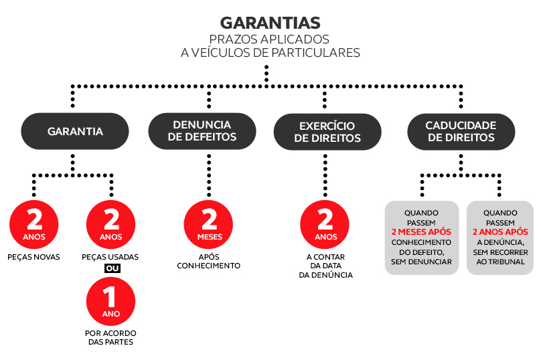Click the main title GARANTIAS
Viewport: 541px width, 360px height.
pyautogui.click(x=270, y=23)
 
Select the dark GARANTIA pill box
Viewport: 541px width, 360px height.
pyautogui.click(x=75, y=131)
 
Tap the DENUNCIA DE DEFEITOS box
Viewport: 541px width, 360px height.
pyautogui.click(x=202, y=131)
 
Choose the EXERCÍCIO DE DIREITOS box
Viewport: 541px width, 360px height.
pyautogui.click(x=327, y=132)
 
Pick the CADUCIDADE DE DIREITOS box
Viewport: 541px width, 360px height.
pyautogui.click(x=461, y=131)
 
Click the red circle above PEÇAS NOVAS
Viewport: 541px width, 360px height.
pyautogui.click(x=33, y=224)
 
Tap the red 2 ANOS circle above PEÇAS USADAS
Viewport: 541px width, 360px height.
pyautogui.click(x=110, y=224)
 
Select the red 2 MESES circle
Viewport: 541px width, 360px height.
pyautogui.click(x=209, y=224)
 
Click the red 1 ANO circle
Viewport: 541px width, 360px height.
pyautogui.click(x=110, y=301)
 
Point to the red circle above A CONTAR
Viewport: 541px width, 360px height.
pyautogui.click(x=325, y=224)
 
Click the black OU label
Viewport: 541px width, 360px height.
pyautogui.click(x=112, y=268)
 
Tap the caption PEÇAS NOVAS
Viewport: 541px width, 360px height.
pyautogui.click(x=33, y=257)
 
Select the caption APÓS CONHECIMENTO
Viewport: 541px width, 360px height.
pyautogui.click(x=209, y=261)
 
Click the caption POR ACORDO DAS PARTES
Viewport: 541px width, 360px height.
pyautogui.click(x=110, y=338)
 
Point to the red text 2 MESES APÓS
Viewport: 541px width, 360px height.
pyautogui.click(x=421, y=232)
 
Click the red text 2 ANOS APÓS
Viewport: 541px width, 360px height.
pyautogui.click(x=500, y=232)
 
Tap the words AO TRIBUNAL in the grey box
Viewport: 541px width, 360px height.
pyautogui.click(x=500, y=262)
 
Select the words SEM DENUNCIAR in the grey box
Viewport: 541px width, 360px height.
pyautogui.click(x=421, y=262)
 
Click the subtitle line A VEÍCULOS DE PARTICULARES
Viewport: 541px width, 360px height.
pyautogui.click(x=270, y=53)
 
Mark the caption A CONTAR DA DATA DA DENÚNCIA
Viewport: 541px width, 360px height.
pyautogui.click(x=325, y=266)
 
